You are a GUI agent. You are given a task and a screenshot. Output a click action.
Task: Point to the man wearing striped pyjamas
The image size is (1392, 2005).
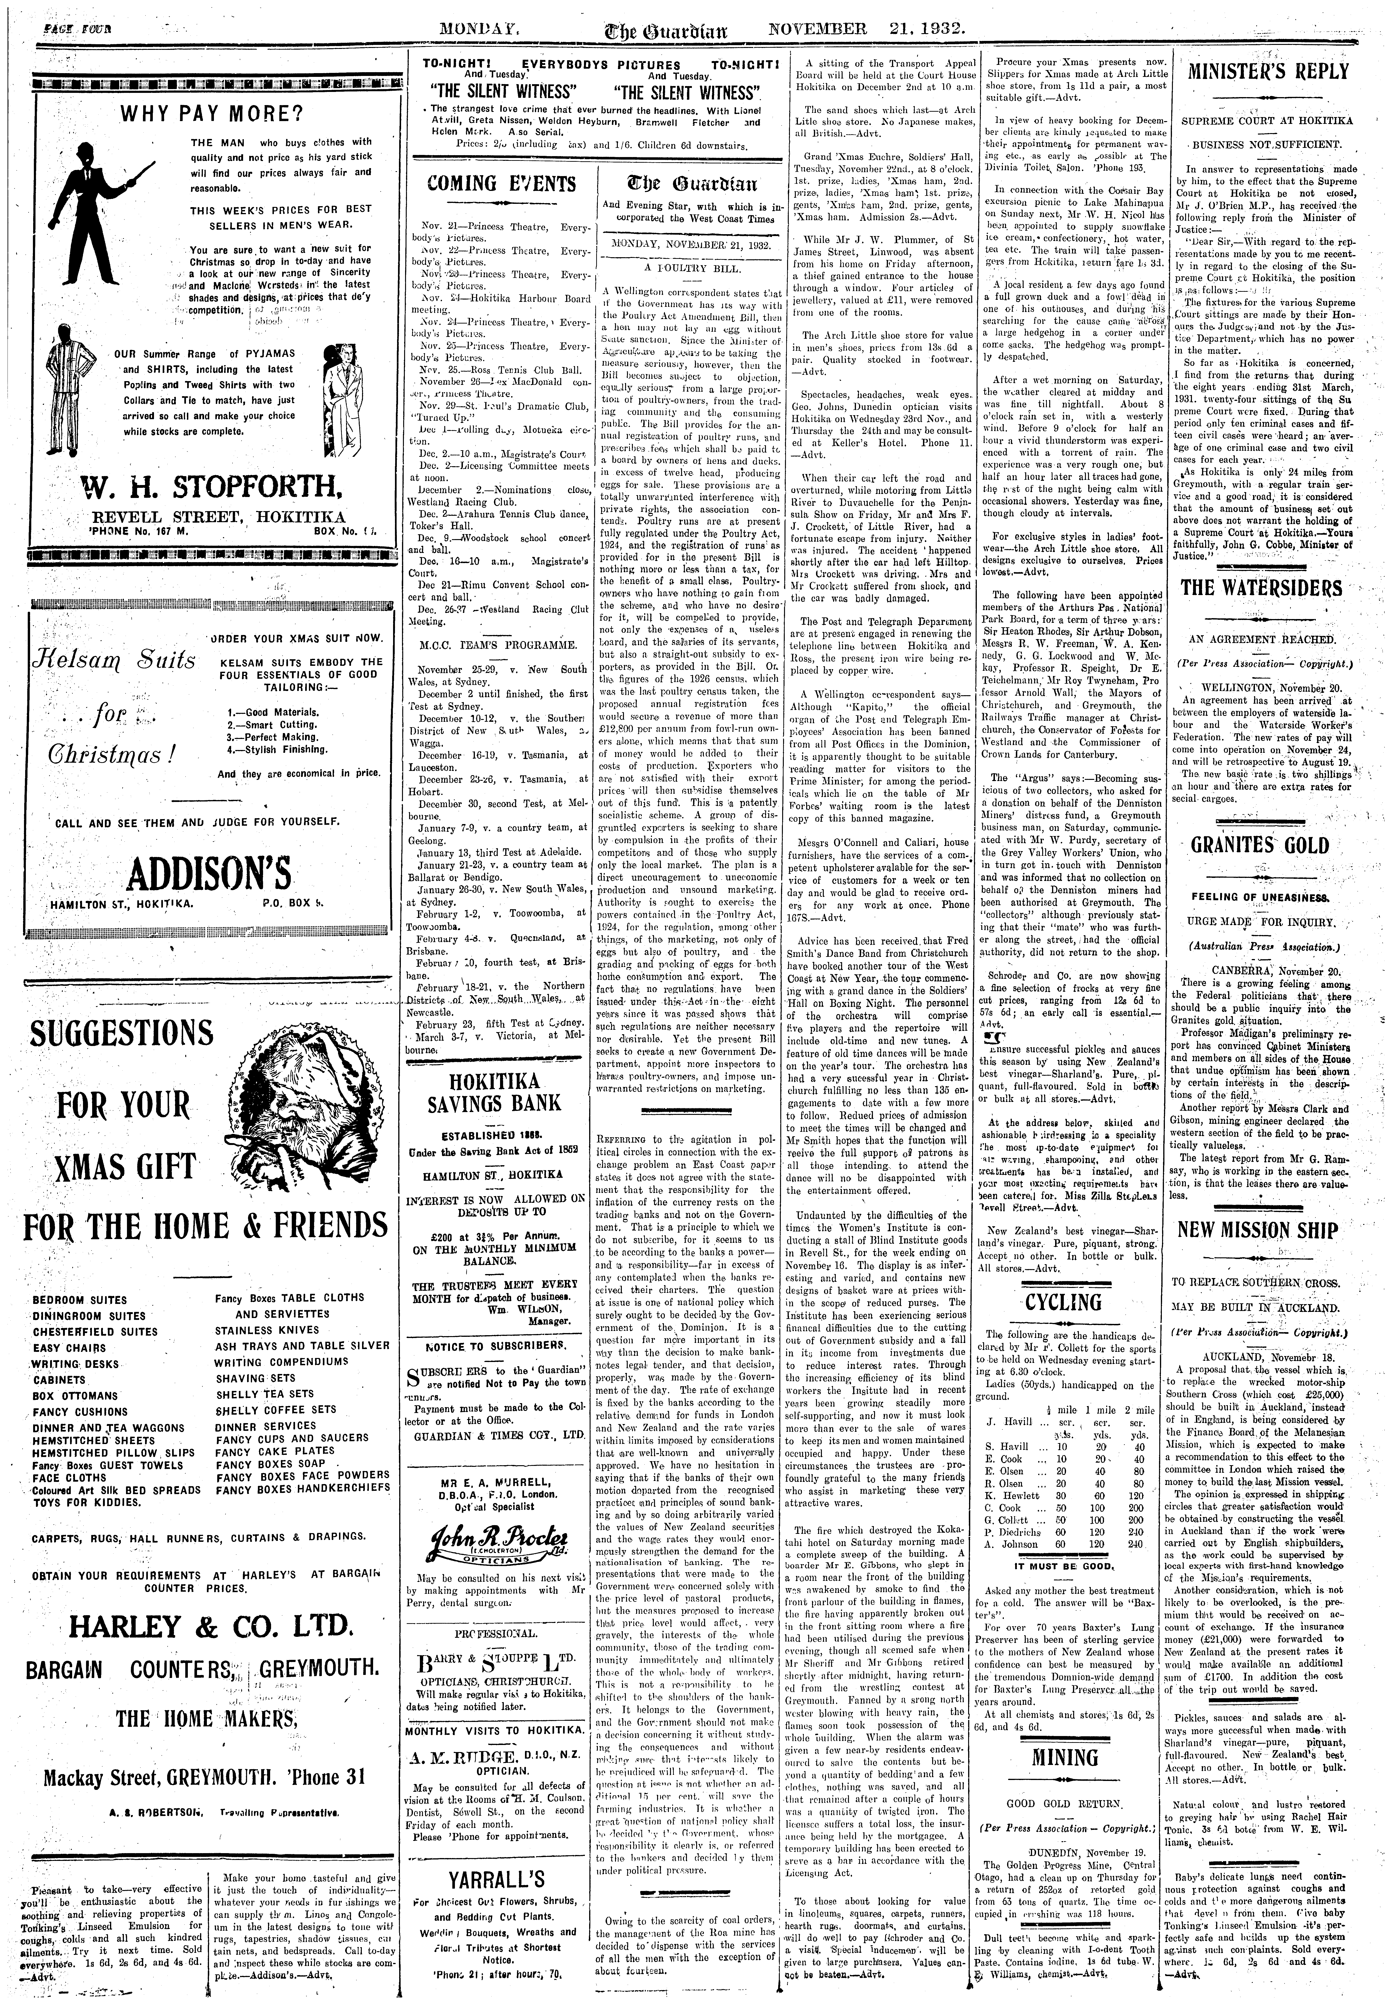coord(72,379)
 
